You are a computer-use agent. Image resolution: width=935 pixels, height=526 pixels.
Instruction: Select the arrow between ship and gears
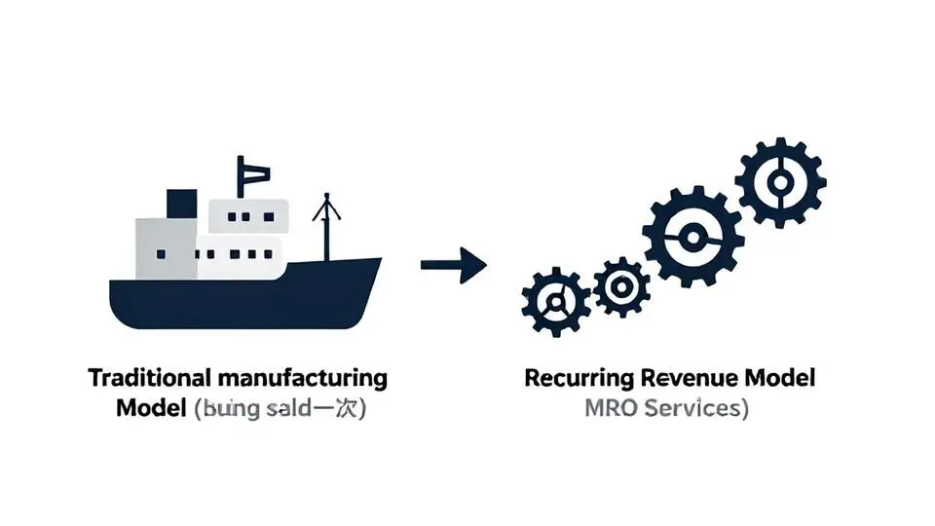pyautogui.click(x=453, y=265)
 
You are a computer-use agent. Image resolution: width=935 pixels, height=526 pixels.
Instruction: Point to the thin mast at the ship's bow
pyautogui.click(x=326, y=228)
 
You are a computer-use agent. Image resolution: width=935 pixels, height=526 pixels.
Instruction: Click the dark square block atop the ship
pyautogui.click(x=181, y=204)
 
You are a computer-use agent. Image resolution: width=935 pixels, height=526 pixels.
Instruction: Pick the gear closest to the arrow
pyautogui.click(x=555, y=302)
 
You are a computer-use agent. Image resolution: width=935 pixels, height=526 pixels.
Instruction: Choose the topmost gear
pyautogui.click(x=780, y=182)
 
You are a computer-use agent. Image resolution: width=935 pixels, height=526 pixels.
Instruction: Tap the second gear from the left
pyautogui.click(x=620, y=286)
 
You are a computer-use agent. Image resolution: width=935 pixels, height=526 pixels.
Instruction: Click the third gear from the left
pyautogui.click(x=692, y=237)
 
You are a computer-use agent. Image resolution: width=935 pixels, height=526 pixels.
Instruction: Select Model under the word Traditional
pyautogui.click(x=151, y=408)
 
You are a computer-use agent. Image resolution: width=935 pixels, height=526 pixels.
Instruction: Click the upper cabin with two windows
pyautogui.click(x=249, y=215)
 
